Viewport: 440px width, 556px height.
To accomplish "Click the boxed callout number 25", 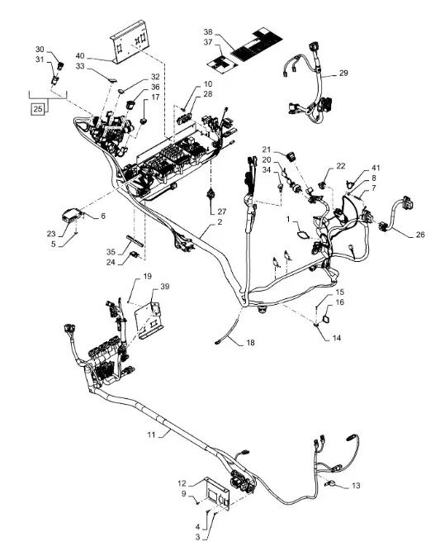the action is click(x=37, y=109).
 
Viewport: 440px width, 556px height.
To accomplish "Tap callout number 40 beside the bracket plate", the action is click(x=80, y=56).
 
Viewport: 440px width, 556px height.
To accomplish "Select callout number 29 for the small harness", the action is click(x=343, y=73).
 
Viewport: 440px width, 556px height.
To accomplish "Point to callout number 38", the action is click(x=208, y=32).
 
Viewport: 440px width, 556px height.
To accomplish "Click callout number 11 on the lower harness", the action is click(x=151, y=435).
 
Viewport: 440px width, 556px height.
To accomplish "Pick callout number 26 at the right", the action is click(x=420, y=235).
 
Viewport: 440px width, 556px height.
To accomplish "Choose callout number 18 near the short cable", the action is click(x=250, y=343).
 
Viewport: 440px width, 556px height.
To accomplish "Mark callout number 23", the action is click(x=51, y=234).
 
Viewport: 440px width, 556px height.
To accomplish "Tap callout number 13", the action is click(x=356, y=486).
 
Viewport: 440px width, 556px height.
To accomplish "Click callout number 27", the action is click(x=222, y=211).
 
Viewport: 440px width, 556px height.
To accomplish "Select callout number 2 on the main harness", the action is click(x=220, y=221).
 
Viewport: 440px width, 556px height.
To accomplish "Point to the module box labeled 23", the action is click(x=70, y=216).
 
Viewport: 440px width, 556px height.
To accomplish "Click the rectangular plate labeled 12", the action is click(x=218, y=493).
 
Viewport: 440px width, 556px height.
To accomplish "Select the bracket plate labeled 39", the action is click(x=149, y=320).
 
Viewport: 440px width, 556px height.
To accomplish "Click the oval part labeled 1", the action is click(x=303, y=235).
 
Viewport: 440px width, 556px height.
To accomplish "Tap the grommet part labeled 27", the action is click(x=211, y=194).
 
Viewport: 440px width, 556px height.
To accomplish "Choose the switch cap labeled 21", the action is click(x=292, y=155).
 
